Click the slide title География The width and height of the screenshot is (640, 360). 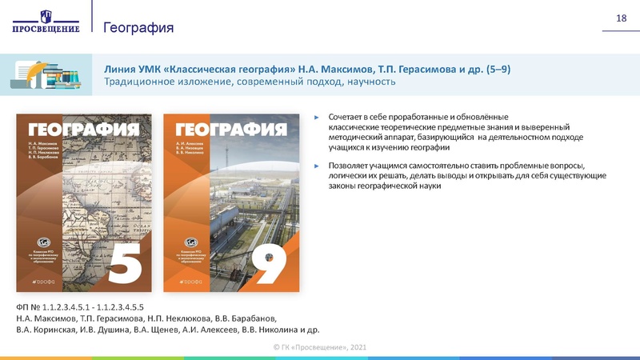(x=138, y=28)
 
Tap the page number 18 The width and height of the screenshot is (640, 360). (x=620, y=18)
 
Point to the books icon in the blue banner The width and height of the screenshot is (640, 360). (x=47, y=74)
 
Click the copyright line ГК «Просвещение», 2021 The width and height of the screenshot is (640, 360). (x=319, y=346)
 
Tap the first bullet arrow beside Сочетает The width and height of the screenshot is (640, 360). (x=317, y=117)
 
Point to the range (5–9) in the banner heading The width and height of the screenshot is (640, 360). (x=497, y=69)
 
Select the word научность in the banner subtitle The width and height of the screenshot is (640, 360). (x=371, y=82)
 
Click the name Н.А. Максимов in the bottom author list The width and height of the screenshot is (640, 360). (x=44, y=318)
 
